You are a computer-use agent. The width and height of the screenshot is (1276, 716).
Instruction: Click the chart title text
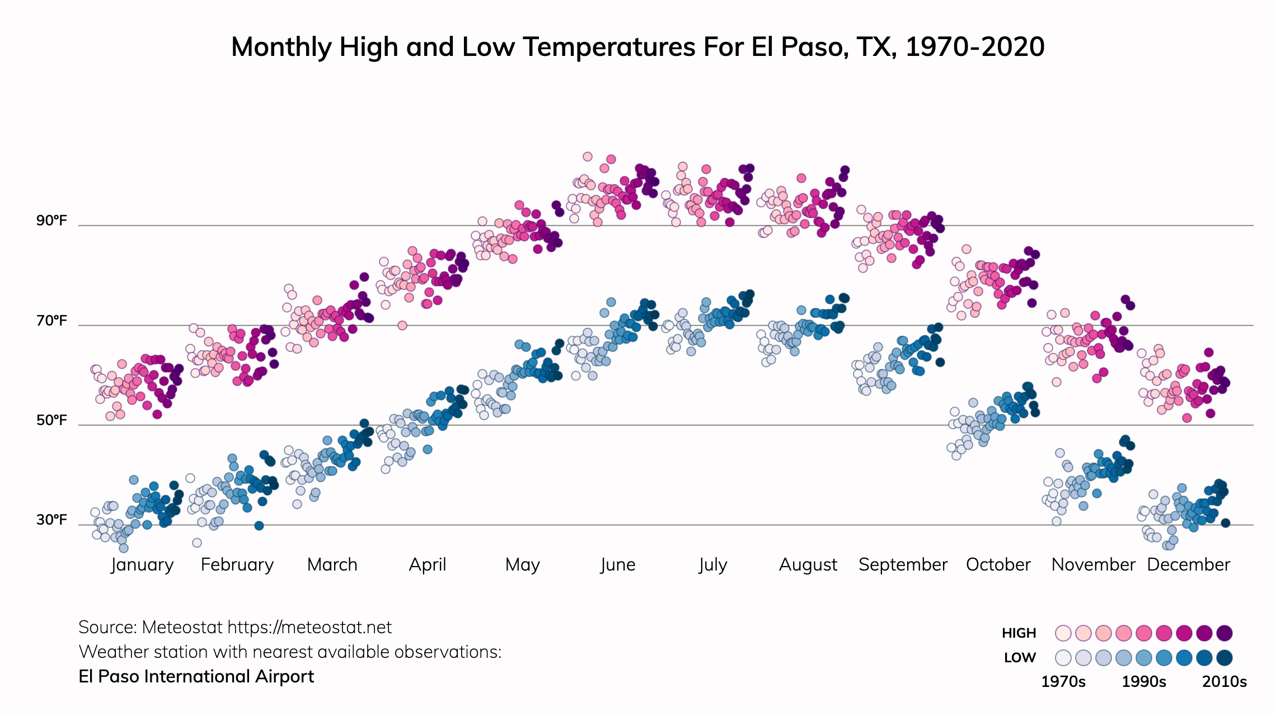click(x=637, y=47)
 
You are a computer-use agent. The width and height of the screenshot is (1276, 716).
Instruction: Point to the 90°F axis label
click(x=51, y=220)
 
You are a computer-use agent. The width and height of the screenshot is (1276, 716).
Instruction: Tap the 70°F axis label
click(x=51, y=321)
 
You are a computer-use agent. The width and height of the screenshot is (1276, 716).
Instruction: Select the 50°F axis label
click(x=51, y=420)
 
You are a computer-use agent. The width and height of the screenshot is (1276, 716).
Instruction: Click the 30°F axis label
click(x=51, y=520)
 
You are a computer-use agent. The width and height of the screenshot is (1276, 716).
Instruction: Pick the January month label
click(x=142, y=565)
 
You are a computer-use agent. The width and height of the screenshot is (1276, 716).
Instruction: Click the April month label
click(x=428, y=565)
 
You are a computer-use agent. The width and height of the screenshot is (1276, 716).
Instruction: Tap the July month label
click(x=712, y=565)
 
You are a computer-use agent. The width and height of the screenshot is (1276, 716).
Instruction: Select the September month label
click(x=903, y=565)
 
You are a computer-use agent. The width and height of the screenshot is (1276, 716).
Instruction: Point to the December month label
click(x=1188, y=565)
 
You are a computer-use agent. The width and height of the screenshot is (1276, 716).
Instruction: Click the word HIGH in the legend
click(x=1019, y=633)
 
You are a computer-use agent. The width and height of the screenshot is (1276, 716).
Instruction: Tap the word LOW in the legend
click(x=1020, y=658)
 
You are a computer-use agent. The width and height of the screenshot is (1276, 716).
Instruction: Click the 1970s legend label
click(x=1063, y=682)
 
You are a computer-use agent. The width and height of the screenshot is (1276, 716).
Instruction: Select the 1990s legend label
click(x=1144, y=682)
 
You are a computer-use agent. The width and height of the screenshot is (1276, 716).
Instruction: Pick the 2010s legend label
click(x=1225, y=682)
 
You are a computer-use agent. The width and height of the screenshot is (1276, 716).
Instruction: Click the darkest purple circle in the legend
click(x=1225, y=633)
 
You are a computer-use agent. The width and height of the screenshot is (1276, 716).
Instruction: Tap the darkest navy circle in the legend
click(x=1225, y=658)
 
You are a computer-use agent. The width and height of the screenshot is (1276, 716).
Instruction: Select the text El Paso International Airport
click(x=196, y=677)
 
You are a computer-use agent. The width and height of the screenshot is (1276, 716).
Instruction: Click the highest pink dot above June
click(x=587, y=157)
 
